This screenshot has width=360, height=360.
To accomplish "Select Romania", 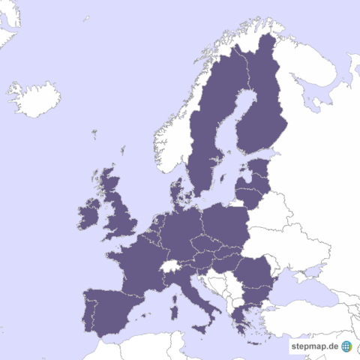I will point(255,274).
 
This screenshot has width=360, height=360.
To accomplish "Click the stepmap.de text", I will point(314,346).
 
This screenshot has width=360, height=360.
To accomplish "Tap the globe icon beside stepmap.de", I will point(346,346).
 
